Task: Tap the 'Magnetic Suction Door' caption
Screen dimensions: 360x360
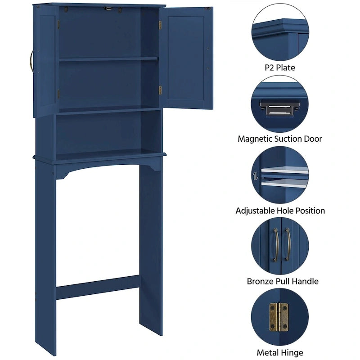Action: tap(280, 139)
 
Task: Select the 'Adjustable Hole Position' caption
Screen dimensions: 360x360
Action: tap(280, 211)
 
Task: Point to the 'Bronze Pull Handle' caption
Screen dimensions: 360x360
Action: tap(283, 281)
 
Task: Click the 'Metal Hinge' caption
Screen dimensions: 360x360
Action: tap(280, 353)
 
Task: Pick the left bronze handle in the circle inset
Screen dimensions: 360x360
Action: tap(274, 243)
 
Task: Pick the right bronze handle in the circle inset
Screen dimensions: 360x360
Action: tap(288, 243)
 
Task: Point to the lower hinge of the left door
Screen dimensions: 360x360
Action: tap(58, 94)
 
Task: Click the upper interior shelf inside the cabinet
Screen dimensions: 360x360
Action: tap(108, 58)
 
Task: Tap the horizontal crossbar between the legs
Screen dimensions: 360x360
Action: tap(98, 287)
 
